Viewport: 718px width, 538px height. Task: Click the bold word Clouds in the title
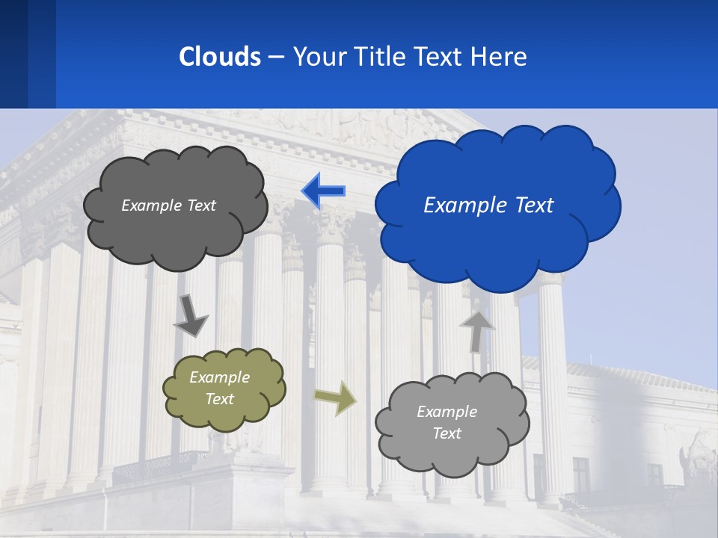click(219, 57)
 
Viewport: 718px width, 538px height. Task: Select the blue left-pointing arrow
click(322, 191)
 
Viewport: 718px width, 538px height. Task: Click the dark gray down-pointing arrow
click(191, 315)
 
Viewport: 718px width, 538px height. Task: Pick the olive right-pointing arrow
click(336, 398)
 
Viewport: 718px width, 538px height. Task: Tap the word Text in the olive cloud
click(219, 399)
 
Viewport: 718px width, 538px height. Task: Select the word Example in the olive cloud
click(219, 377)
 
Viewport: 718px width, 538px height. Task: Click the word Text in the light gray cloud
click(447, 433)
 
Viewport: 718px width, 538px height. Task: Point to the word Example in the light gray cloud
click(447, 412)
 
